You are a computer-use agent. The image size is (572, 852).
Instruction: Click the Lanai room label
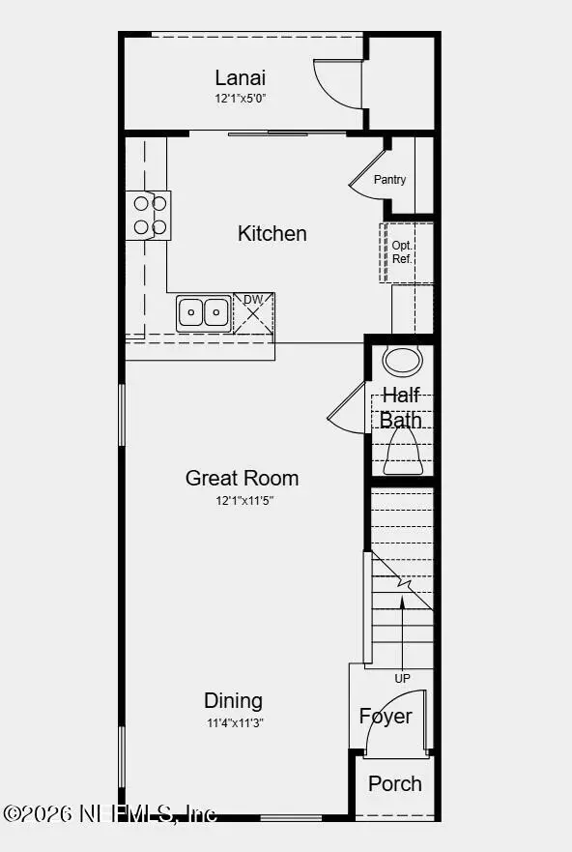240,78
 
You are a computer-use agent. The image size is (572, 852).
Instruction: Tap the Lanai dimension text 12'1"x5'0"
240,99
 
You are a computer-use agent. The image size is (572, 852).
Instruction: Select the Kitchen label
272,233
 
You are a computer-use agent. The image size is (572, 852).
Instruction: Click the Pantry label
390,180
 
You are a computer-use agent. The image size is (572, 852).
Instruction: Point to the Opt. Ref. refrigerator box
402,252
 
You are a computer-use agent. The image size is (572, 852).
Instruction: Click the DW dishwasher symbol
253,313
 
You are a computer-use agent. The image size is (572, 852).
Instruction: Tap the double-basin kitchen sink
203,312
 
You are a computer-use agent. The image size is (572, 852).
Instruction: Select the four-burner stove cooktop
149,215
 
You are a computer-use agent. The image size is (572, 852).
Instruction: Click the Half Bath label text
400,407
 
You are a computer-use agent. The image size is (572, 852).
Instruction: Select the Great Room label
242,478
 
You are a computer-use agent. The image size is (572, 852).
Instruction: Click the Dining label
233,700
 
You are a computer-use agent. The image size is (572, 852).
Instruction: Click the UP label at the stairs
402,679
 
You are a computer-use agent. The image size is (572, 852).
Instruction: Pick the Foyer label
386,717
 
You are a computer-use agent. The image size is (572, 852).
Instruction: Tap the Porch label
394,783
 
